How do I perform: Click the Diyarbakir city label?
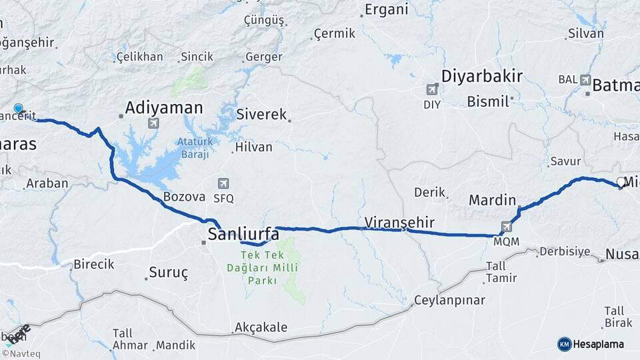coord(481,76)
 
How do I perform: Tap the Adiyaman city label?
coord(164,107)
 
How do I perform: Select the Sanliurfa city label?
coord(243,234)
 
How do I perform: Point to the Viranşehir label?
coord(399,222)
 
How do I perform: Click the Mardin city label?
coord(493,199)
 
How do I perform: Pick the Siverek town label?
coord(261,114)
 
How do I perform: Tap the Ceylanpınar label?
coord(449,300)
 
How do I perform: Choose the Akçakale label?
coord(261,327)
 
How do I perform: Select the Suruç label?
coord(169,273)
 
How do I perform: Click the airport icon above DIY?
coord(432,89)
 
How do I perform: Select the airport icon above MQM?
coord(507,227)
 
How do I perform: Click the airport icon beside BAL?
coord(586,79)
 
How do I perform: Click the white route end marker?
coord(621,182)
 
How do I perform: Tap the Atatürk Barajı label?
coord(194,148)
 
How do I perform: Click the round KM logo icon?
coord(564,344)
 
